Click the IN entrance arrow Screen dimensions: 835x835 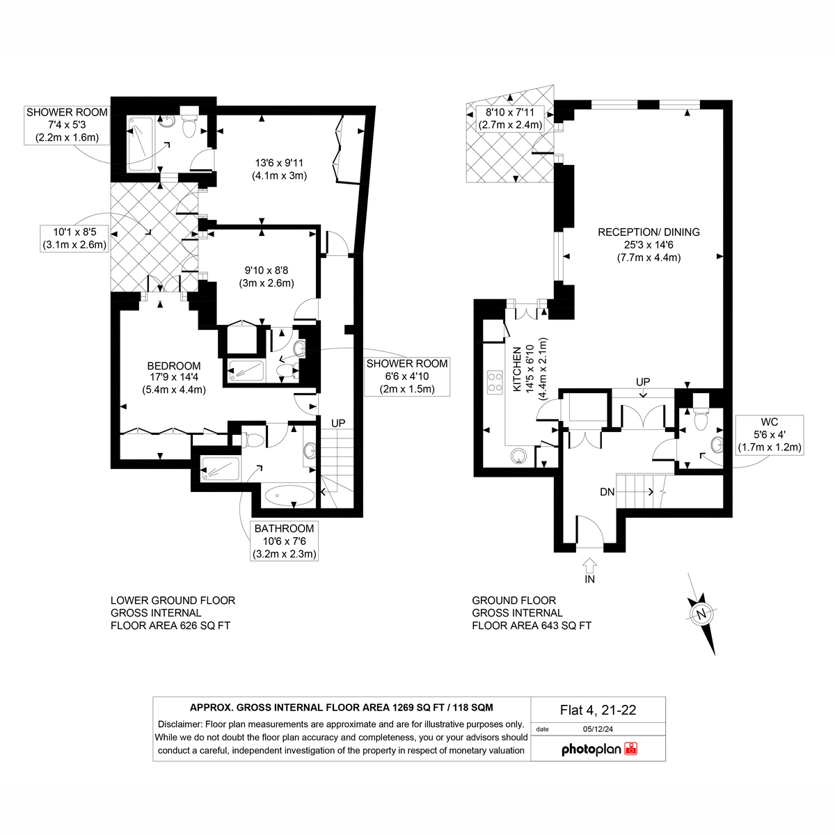[x=589, y=565]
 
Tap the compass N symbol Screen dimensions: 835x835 [x=701, y=614]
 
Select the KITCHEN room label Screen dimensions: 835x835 [x=517, y=369]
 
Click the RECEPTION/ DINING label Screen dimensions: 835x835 [x=649, y=232]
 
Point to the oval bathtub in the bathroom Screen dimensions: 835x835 [x=289, y=495]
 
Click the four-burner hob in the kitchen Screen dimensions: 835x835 [x=495, y=382]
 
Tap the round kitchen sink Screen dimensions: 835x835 [x=518, y=456]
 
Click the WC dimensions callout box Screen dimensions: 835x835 [x=770, y=435]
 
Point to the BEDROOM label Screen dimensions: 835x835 [x=174, y=366]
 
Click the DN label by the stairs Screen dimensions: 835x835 [x=607, y=492]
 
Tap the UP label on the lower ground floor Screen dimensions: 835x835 [x=338, y=423]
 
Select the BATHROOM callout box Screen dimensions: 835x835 [x=285, y=541]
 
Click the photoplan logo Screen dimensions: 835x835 [x=599, y=749]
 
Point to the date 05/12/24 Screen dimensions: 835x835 [x=598, y=729]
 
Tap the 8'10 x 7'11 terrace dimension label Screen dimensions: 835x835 [x=510, y=119]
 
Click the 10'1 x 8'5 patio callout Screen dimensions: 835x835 [x=74, y=239]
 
